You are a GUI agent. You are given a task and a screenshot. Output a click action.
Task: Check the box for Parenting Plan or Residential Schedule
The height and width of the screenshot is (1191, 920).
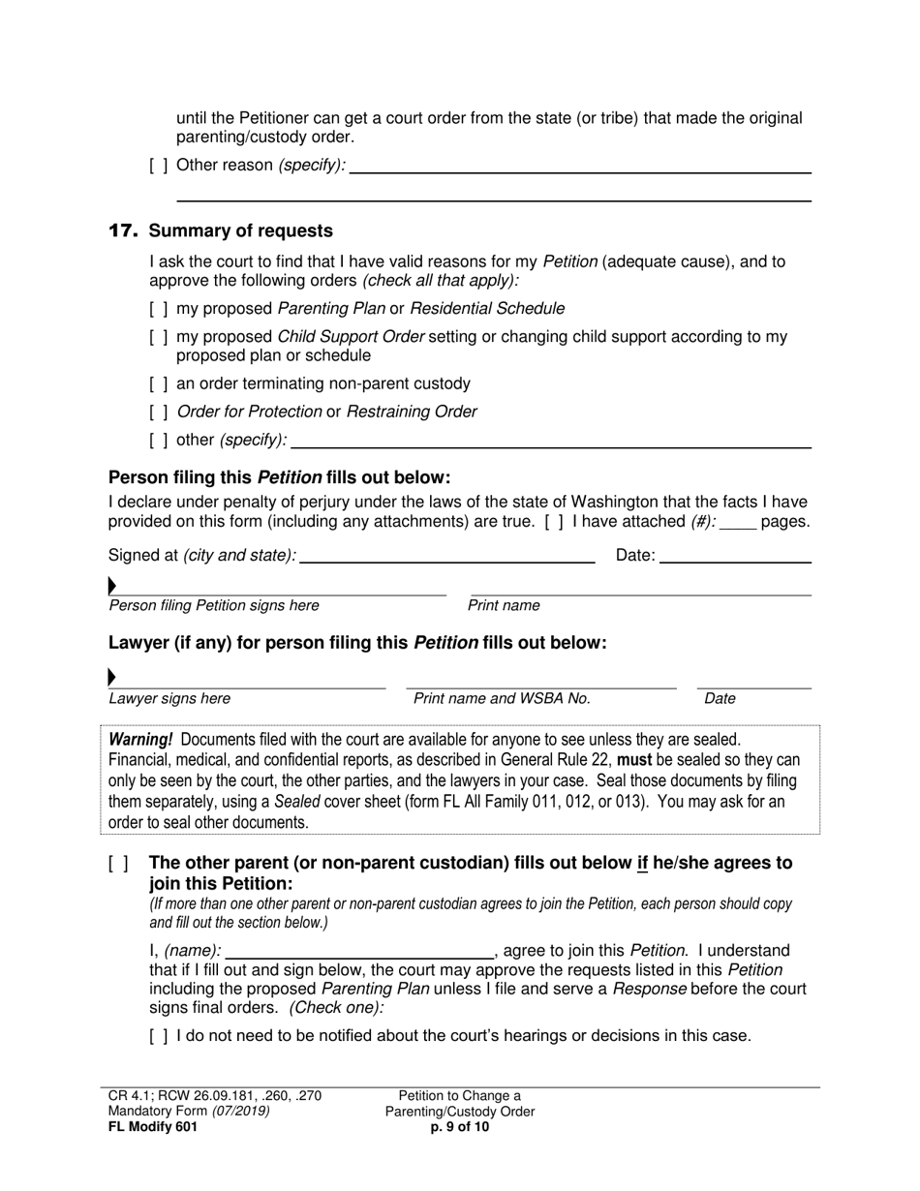pyautogui.click(x=159, y=309)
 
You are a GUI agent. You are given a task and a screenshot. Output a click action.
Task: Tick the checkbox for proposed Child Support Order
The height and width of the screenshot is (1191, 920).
pyautogui.click(x=159, y=338)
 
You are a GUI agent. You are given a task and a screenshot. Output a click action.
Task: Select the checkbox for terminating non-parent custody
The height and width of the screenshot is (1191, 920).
pyautogui.click(x=159, y=383)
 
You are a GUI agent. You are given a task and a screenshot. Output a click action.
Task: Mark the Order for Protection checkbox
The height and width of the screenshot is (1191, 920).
pyautogui.click(x=159, y=412)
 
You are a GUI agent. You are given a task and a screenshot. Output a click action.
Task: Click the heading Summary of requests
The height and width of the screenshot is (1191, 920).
pyautogui.click(x=240, y=231)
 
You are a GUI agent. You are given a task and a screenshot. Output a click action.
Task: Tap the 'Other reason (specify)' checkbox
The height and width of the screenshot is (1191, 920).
pyautogui.click(x=159, y=166)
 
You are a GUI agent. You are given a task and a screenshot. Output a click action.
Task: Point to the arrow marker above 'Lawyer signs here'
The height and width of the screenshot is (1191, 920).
pyautogui.click(x=112, y=677)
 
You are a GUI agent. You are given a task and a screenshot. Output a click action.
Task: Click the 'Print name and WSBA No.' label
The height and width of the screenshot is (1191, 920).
pyautogui.click(x=502, y=699)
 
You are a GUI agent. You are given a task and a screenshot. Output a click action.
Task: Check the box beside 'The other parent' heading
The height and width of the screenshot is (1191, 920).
pyautogui.click(x=118, y=864)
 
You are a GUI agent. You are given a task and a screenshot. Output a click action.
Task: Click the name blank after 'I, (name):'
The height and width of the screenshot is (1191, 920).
pyautogui.click(x=359, y=951)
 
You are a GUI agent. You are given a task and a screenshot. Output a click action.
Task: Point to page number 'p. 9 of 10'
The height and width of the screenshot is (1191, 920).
pyautogui.click(x=460, y=1126)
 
